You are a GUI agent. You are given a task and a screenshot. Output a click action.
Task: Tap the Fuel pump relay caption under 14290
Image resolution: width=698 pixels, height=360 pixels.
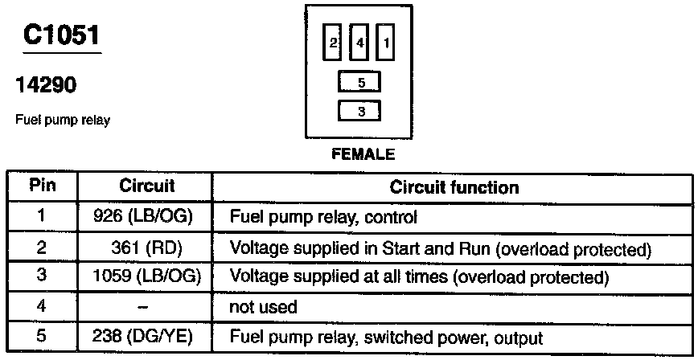click(x=63, y=121)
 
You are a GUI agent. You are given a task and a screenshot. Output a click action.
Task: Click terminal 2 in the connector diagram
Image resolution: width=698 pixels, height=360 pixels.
click(x=333, y=44)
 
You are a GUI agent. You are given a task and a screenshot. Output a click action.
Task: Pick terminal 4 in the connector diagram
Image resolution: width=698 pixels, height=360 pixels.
click(x=360, y=44)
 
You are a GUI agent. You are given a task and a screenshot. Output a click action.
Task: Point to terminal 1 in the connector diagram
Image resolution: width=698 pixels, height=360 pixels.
click(x=387, y=44)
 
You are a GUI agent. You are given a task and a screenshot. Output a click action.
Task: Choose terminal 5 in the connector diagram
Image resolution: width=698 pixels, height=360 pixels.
click(x=360, y=83)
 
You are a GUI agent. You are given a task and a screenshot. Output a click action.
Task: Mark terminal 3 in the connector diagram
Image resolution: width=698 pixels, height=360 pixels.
click(x=360, y=112)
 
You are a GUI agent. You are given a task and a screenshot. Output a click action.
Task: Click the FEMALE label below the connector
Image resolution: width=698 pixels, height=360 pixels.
click(x=363, y=153)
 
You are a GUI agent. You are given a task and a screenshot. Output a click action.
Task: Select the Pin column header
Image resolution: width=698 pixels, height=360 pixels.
click(x=42, y=186)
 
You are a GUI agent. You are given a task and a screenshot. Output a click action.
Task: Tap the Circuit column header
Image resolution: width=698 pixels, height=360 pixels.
click(x=146, y=186)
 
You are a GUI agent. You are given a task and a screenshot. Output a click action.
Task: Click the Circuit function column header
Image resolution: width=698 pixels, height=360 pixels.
click(x=454, y=187)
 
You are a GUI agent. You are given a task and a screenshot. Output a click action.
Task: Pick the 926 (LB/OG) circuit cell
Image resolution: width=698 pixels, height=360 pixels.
click(x=147, y=217)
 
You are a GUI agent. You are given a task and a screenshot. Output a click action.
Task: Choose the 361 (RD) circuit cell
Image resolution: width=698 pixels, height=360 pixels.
click(x=147, y=247)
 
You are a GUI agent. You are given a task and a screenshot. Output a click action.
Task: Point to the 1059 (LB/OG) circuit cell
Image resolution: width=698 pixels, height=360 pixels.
click(x=147, y=277)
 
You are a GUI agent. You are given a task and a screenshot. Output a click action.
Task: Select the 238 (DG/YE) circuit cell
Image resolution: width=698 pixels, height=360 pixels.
click(x=147, y=337)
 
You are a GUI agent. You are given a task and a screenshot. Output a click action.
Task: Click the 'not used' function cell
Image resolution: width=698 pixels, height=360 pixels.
click(x=264, y=307)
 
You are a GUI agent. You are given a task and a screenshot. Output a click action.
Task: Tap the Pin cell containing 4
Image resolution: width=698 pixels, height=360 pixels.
click(x=42, y=307)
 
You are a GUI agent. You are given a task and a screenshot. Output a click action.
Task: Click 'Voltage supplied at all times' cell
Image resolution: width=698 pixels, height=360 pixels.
click(x=417, y=277)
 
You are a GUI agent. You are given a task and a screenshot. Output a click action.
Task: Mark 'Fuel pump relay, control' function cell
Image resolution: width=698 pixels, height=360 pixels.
click(x=323, y=217)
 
